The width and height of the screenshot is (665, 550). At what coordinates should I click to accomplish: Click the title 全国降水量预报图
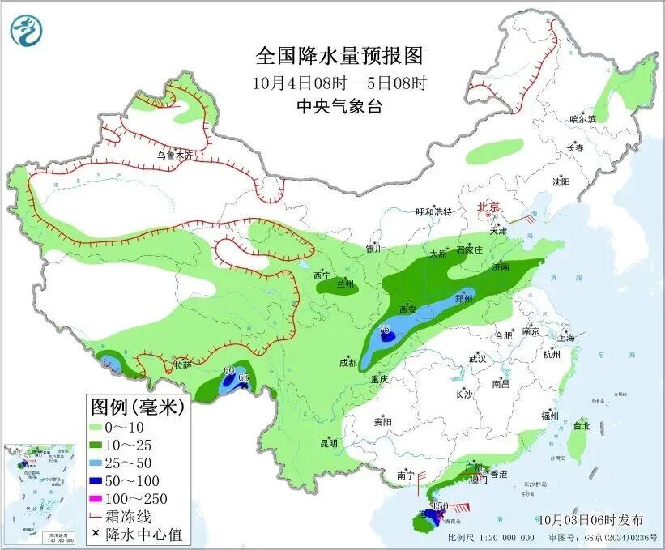(339, 56)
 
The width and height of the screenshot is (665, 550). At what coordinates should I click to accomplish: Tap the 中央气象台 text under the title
(339, 106)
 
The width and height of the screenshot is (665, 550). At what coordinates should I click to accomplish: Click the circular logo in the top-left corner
(26, 31)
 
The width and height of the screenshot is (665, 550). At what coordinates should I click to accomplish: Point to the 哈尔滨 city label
(582, 118)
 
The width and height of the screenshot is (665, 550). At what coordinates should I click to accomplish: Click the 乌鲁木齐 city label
(175, 155)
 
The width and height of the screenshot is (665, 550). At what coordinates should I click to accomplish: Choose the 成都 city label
(349, 364)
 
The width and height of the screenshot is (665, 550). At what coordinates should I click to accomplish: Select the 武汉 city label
(477, 358)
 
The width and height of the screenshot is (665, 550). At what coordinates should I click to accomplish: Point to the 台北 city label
(582, 425)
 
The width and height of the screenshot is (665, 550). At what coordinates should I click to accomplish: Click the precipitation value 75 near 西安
(385, 329)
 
